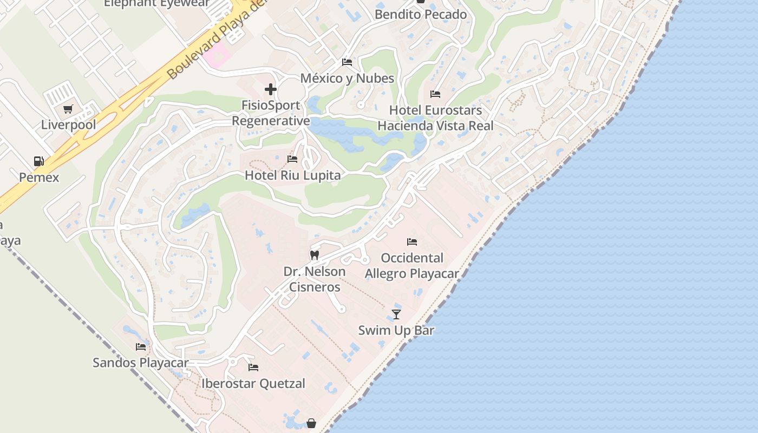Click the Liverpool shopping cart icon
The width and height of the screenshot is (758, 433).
[x=68, y=109]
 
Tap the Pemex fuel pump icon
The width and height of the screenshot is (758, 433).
[x=39, y=161]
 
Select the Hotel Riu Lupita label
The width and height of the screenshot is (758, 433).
[x=292, y=175]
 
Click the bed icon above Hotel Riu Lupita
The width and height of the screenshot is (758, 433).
[x=292, y=159]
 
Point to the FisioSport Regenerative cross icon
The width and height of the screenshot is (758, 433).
[x=271, y=89]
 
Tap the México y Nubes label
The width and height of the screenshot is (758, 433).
[x=347, y=78]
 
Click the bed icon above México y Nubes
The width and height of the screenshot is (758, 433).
[x=347, y=62]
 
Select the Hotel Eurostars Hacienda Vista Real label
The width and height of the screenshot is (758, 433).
[x=435, y=118]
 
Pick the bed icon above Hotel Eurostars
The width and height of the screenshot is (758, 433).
[x=435, y=94]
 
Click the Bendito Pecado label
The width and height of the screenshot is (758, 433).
[x=421, y=15]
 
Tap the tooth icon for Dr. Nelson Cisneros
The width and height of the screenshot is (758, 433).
[x=314, y=255]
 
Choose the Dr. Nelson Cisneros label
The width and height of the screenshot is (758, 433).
[x=315, y=279]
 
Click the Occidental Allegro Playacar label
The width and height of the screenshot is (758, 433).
[x=412, y=266]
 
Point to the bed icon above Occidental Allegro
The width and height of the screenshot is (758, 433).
[x=412, y=242]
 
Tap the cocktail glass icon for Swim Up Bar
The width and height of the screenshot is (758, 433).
[x=396, y=314]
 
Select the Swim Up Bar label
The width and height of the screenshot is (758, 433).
[x=396, y=330]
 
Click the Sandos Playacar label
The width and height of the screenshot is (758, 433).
[x=141, y=363]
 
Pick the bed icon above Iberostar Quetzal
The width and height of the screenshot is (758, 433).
[x=253, y=368]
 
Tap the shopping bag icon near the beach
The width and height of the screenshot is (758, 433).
[x=311, y=423]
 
